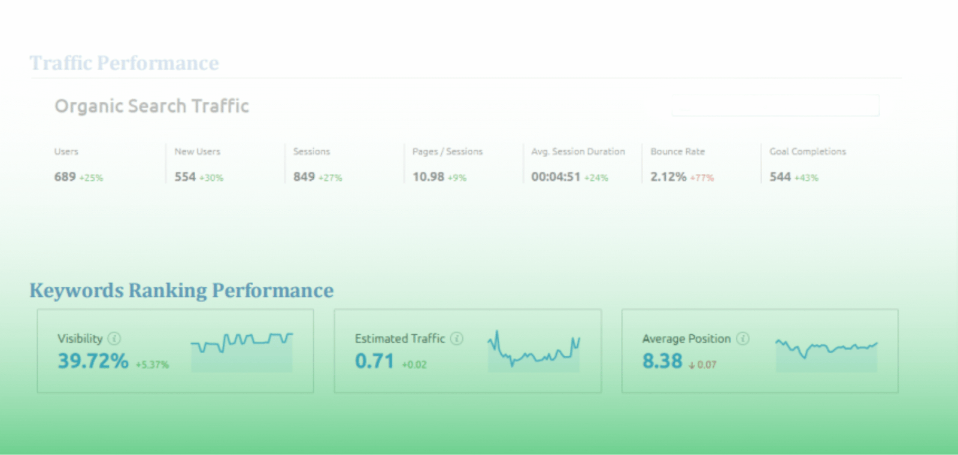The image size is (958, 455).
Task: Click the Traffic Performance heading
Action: tap(125, 63)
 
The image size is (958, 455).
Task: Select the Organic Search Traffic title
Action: tap(151, 106)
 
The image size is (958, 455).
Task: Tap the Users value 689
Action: tap(65, 177)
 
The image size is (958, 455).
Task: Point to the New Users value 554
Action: tap(185, 177)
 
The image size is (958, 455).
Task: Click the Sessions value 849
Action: tap(304, 177)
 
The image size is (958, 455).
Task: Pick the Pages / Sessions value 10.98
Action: tap(428, 177)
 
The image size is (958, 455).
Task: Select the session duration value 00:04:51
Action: tap(556, 177)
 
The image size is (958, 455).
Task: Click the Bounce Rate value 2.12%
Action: tap(668, 177)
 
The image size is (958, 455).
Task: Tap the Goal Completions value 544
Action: tap(780, 177)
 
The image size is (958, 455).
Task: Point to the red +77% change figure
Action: tap(702, 178)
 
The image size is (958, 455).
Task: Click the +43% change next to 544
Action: tap(807, 178)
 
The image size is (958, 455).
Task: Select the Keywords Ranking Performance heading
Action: tap(181, 290)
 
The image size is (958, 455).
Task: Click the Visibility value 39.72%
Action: tap(93, 361)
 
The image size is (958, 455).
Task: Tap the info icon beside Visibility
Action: tap(114, 339)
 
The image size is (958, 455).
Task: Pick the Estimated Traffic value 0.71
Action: tap(374, 361)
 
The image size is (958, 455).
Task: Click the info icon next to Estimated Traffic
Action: tap(457, 339)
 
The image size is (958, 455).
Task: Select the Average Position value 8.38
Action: tap(662, 361)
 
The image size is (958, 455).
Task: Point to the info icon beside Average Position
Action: tap(743, 339)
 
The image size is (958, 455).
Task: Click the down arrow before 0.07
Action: tap(692, 365)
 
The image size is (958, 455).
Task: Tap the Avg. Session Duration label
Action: tap(578, 151)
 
